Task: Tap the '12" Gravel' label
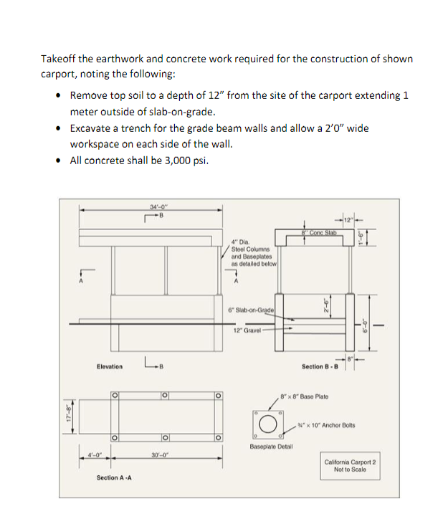coord(247,330)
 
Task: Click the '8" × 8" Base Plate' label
coord(307,396)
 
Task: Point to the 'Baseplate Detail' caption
coord(271,446)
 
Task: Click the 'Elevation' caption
coord(110,366)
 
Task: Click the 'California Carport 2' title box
coord(351,466)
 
